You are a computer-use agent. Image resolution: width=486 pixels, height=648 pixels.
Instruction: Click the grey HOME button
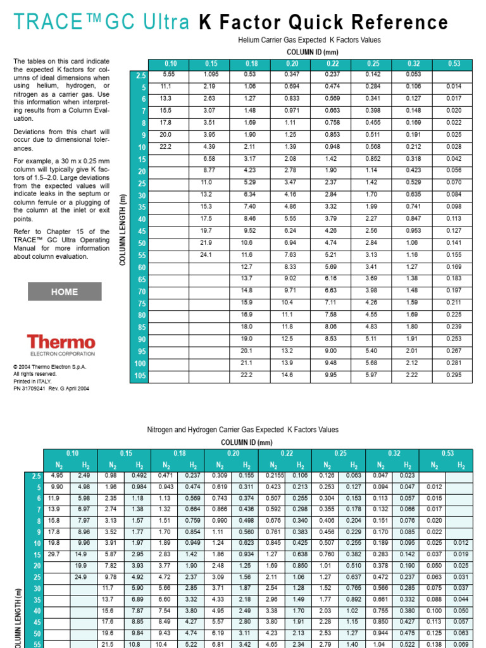pos(65,292)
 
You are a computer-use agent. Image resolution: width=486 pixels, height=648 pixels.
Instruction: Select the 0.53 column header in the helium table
pos(454,64)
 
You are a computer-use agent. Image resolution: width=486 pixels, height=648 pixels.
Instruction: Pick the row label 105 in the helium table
pos(139,376)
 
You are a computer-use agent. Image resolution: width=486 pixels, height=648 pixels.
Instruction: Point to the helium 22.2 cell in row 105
pos(247,375)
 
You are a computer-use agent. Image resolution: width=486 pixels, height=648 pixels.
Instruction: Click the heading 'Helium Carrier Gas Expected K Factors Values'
pos(309,40)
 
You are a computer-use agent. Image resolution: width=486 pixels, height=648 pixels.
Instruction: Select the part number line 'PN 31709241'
pos(51,389)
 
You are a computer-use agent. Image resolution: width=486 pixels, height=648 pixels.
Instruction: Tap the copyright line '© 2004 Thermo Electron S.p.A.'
pos(49,367)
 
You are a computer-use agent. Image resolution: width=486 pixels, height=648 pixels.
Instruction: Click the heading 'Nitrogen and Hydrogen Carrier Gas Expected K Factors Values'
pos(243,430)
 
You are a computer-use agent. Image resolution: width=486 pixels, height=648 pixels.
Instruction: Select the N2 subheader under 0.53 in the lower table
pos(434,465)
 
